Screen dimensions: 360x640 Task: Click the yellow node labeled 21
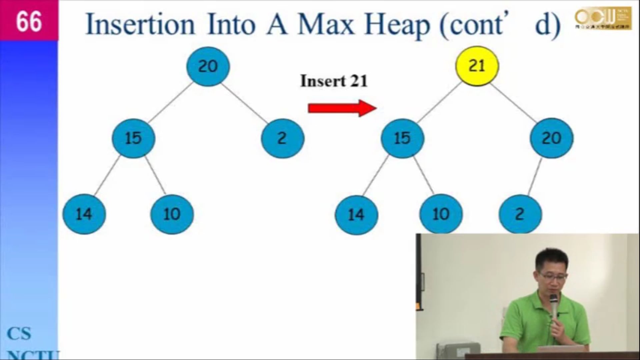(x=477, y=66)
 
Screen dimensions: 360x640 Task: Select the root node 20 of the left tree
(x=208, y=66)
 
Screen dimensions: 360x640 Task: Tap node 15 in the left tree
(x=133, y=138)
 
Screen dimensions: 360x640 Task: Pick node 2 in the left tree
(x=282, y=138)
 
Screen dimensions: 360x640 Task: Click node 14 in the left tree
(x=84, y=214)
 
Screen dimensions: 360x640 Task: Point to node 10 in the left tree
(x=172, y=214)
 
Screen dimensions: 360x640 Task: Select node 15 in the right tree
(x=402, y=138)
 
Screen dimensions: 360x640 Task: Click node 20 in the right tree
(x=552, y=138)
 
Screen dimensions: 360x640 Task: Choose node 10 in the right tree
(x=441, y=214)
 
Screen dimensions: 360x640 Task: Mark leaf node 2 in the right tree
(x=520, y=214)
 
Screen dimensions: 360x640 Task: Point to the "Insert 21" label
(x=334, y=81)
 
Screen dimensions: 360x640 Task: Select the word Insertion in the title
(x=140, y=25)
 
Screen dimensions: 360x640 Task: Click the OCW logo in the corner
(x=603, y=18)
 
